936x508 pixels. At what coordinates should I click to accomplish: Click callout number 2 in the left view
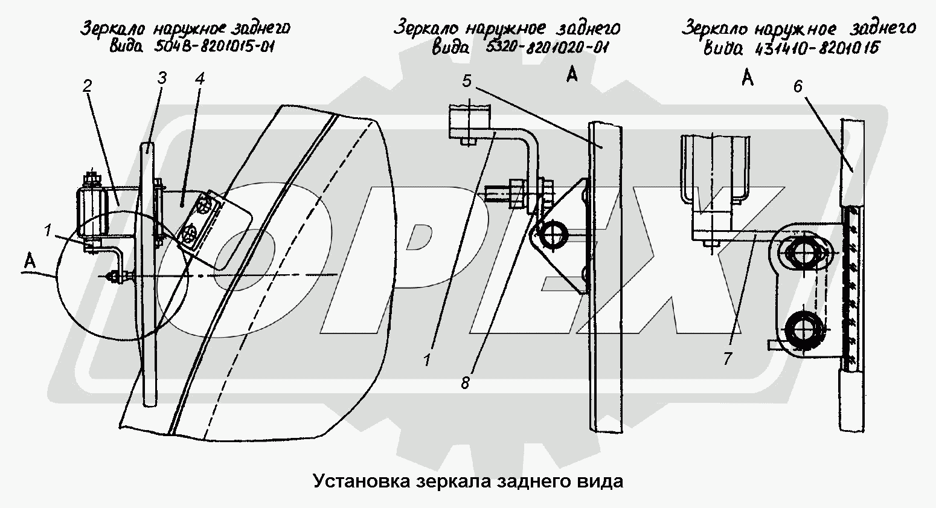[x=88, y=86]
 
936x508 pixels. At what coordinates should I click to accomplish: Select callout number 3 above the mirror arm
[x=161, y=79]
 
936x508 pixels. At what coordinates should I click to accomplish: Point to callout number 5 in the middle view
[x=467, y=82]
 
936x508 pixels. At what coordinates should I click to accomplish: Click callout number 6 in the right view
[x=798, y=86]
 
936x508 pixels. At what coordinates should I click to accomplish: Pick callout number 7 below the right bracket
[x=727, y=358]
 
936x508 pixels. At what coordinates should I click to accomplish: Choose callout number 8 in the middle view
[x=465, y=382]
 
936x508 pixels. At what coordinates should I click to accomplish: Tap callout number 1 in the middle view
[x=427, y=361]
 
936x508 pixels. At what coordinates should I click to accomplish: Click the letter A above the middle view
[x=572, y=75]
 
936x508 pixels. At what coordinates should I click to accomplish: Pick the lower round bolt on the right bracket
[x=801, y=329]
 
